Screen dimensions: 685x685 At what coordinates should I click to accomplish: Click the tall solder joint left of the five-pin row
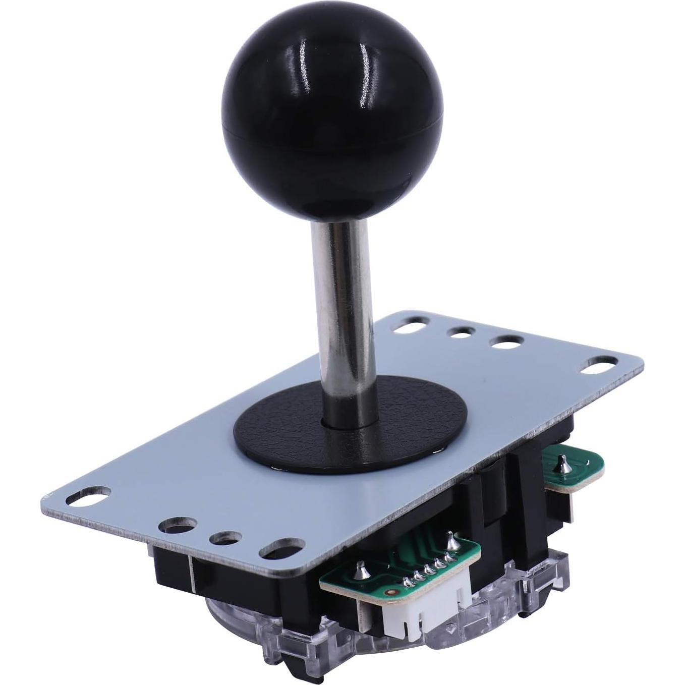[x=362, y=569]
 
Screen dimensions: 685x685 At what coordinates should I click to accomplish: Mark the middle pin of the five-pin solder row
[x=429, y=570]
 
